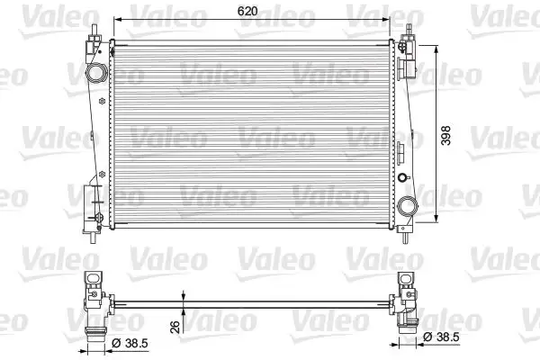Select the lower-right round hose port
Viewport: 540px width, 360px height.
[x=409, y=206]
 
